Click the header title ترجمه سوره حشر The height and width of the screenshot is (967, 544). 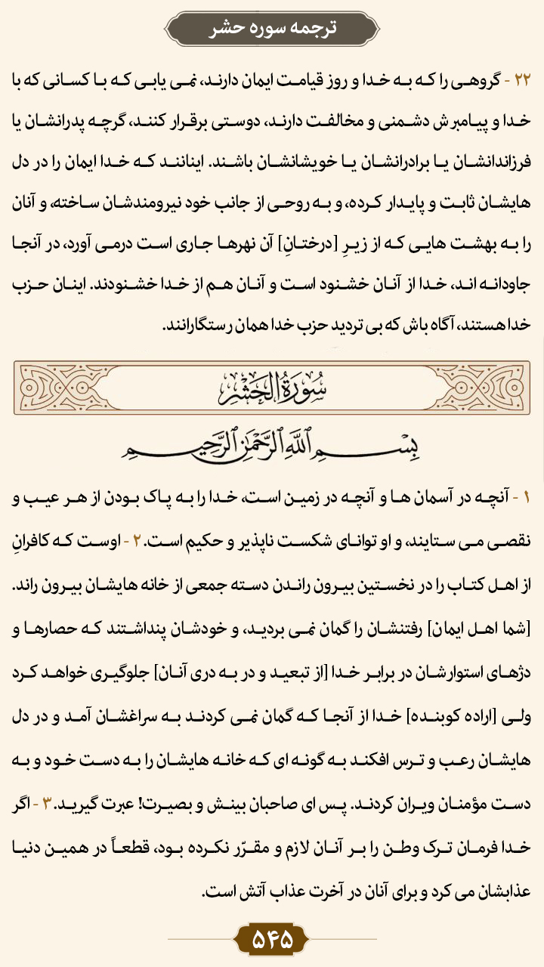click(272, 28)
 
